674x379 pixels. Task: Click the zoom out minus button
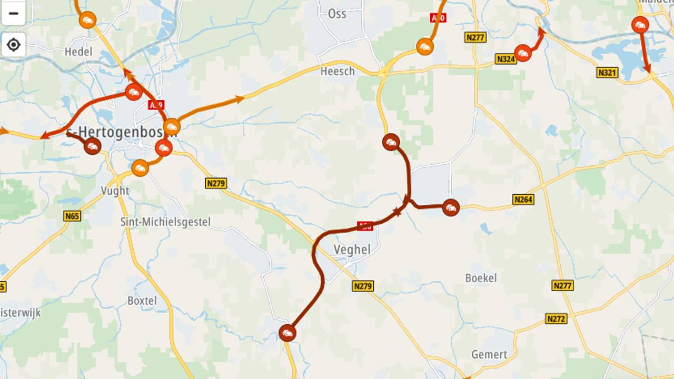(x=13, y=13)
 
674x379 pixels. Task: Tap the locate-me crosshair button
(x=13, y=45)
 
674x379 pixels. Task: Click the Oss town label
(x=337, y=14)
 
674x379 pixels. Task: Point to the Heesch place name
(x=338, y=71)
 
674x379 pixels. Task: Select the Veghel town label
(x=352, y=250)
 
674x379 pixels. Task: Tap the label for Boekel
(x=481, y=278)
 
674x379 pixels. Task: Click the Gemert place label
(x=489, y=354)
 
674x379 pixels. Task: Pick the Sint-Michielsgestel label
(x=165, y=222)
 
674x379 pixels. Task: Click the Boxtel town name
(x=142, y=301)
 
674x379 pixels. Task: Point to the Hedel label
(x=78, y=52)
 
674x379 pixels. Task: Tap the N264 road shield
(x=523, y=200)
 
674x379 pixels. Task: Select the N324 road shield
(x=506, y=59)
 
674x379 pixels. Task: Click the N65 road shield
(x=72, y=216)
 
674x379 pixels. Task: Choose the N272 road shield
(x=556, y=318)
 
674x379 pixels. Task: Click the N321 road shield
(x=607, y=73)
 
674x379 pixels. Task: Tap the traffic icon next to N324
(x=522, y=53)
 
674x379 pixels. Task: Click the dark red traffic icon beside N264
(x=450, y=207)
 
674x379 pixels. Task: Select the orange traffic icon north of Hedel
(x=87, y=20)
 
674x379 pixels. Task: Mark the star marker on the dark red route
(x=397, y=212)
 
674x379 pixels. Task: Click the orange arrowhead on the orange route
(x=240, y=98)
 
